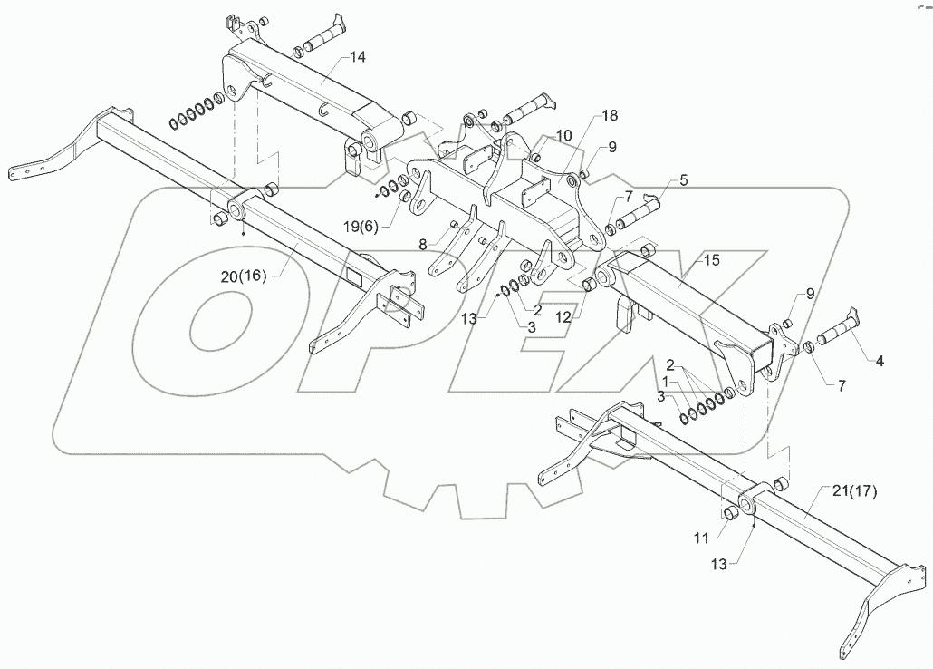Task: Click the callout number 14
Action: coord(358,58)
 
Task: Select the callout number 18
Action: coord(609,117)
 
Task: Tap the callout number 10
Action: coord(564,135)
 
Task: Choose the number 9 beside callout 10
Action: coord(612,146)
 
